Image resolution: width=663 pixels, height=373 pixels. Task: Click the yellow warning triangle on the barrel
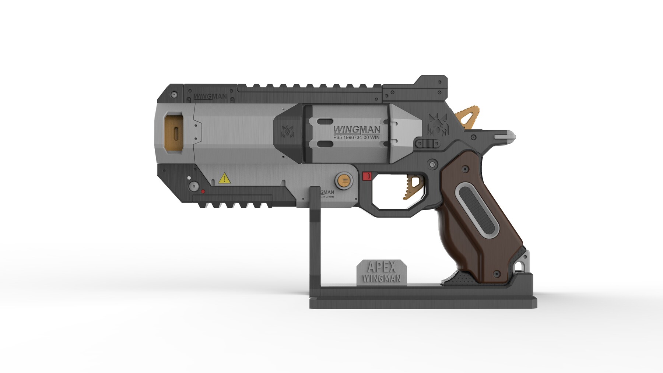point(224,179)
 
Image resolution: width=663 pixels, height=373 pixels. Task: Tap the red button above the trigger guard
point(366,176)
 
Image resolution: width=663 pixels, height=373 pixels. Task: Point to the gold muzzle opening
point(175,133)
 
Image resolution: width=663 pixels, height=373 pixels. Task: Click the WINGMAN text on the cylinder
point(357,130)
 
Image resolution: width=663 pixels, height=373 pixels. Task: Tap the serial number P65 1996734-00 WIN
point(356,138)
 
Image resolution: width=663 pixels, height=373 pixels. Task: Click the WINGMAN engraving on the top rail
point(210,97)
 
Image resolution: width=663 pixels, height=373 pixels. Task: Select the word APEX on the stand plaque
point(382,267)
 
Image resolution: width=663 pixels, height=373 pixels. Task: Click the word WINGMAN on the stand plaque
point(382,278)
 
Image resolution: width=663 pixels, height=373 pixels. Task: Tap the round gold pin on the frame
point(344,180)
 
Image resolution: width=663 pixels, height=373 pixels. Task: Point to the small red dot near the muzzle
point(203,191)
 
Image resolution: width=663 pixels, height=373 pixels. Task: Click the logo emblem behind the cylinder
point(438,124)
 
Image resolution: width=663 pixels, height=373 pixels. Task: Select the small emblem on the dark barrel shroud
point(287,131)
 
